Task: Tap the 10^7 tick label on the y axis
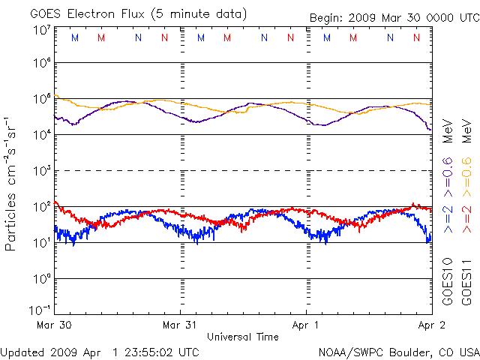[x=41, y=29]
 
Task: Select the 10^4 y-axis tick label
[x=41, y=134]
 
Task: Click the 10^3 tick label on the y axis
[x=41, y=170]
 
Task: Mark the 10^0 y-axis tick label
[x=41, y=278]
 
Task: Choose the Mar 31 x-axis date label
[x=181, y=325]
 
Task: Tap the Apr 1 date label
[x=307, y=325]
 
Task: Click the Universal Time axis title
[x=243, y=337]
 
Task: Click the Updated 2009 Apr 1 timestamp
[x=100, y=351]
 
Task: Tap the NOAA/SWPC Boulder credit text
[x=398, y=351]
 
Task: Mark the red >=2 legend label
[x=466, y=218]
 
